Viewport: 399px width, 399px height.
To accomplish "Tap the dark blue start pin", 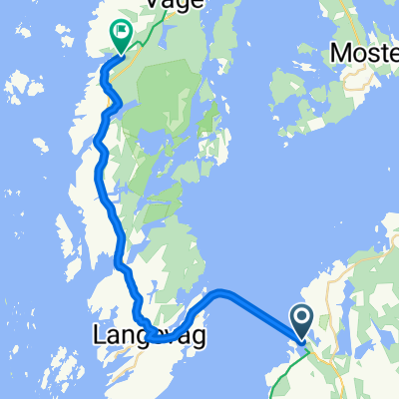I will click(302, 323).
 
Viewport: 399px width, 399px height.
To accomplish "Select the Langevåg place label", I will click(149, 338).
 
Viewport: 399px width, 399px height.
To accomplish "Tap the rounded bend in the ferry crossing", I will click(221, 293).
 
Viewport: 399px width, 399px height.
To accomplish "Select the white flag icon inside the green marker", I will click(120, 32).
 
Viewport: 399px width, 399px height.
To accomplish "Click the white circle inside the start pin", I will click(302, 318).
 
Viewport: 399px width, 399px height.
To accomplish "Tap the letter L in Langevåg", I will click(98, 338).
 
